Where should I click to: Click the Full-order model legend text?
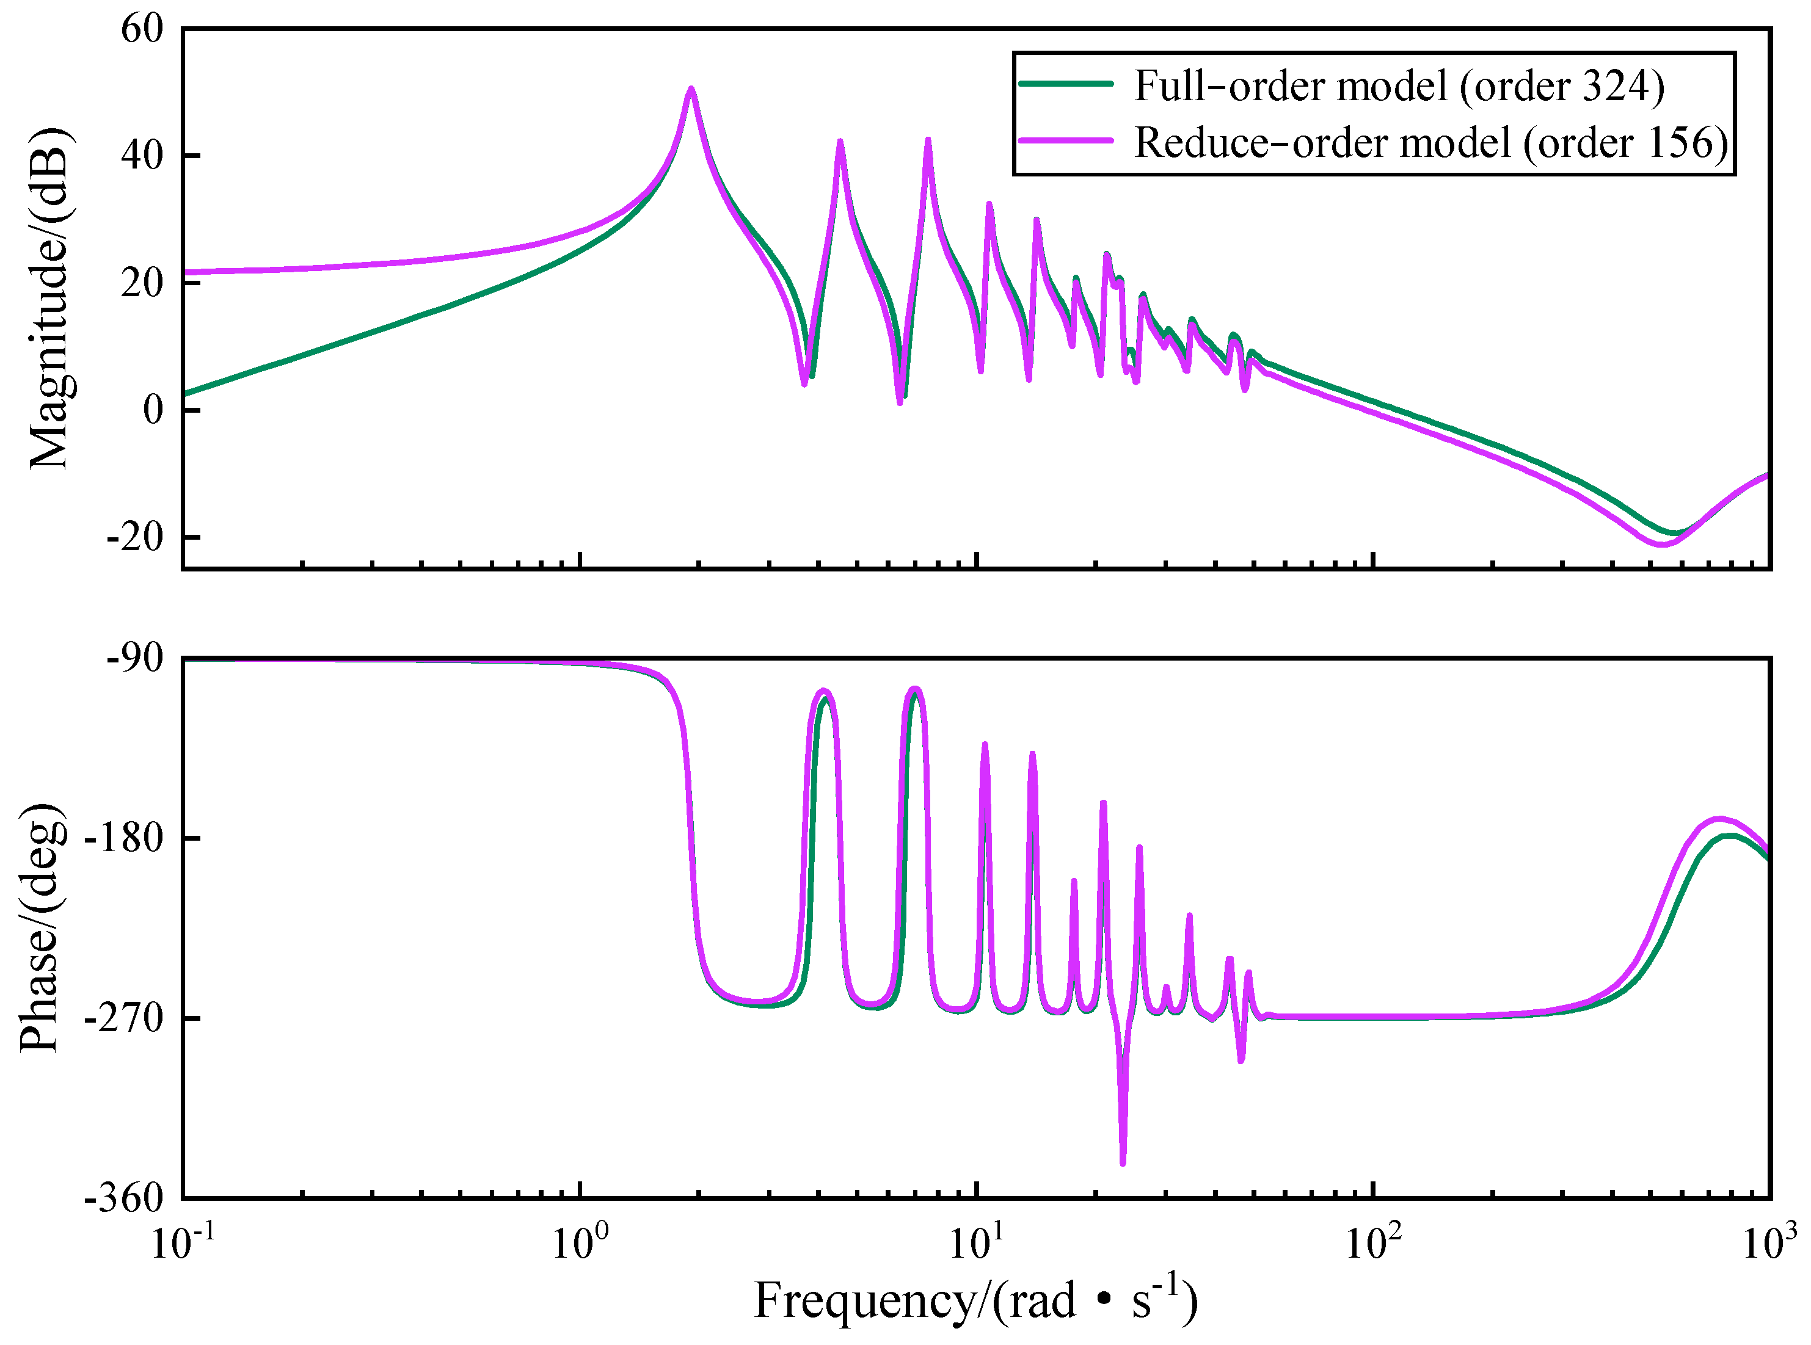[x=1399, y=85]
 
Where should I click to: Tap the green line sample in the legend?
[x=1066, y=84]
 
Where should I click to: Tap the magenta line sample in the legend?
[x=1066, y=141]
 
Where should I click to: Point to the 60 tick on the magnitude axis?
[x=142, y=29]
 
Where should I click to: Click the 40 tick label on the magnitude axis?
[x=142, y=156]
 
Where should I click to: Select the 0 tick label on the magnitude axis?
[x=153, y=410]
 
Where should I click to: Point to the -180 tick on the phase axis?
[x=126, y=838]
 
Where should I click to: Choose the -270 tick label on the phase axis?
[x=126, y=1018]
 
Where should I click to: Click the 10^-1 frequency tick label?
[x=184, y=1242]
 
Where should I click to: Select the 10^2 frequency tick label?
[x=1374, y=1242]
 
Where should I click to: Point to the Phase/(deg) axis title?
[x=41, y=927]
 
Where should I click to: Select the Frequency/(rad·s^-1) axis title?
[x=975, y=1301]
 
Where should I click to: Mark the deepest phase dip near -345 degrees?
[x=1123, y=1162]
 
